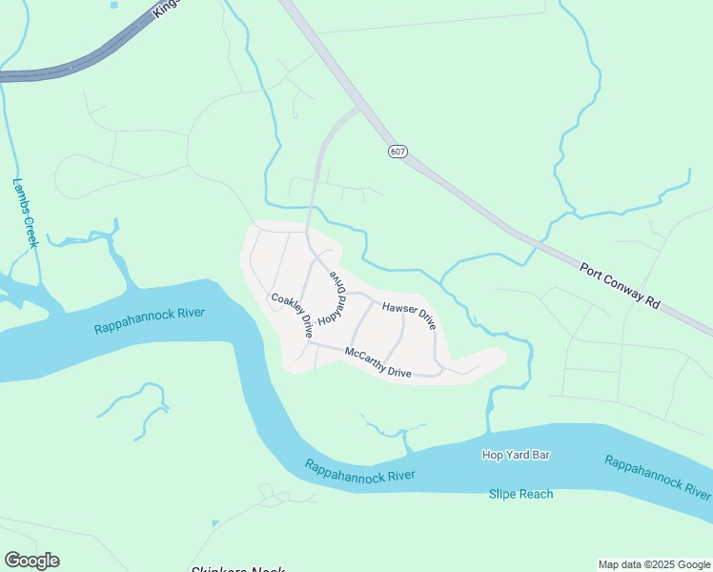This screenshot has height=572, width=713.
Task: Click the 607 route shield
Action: point(397,152)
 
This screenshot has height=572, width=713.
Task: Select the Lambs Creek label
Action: point(25,213)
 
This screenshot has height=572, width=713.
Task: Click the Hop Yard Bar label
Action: point(516,456)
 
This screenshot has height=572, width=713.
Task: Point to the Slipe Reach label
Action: point(520,494)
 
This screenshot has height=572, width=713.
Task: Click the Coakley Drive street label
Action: point(293,316)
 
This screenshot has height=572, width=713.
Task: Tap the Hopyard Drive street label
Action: point(336,296)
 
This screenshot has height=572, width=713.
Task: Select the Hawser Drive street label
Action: point(409,316)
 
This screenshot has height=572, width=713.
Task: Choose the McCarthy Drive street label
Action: point(378,362)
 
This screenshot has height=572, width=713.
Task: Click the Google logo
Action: point(31,561)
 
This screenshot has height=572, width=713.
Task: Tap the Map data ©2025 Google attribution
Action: point(654,564)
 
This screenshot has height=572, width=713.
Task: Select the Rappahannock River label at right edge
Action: point(658,477)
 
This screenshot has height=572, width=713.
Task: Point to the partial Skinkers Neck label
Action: point(238,569)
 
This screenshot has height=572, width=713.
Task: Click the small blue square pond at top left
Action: point(114,6)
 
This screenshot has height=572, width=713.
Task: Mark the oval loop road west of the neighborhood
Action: point(81,177)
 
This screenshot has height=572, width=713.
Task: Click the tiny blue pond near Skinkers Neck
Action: point(216,523)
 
